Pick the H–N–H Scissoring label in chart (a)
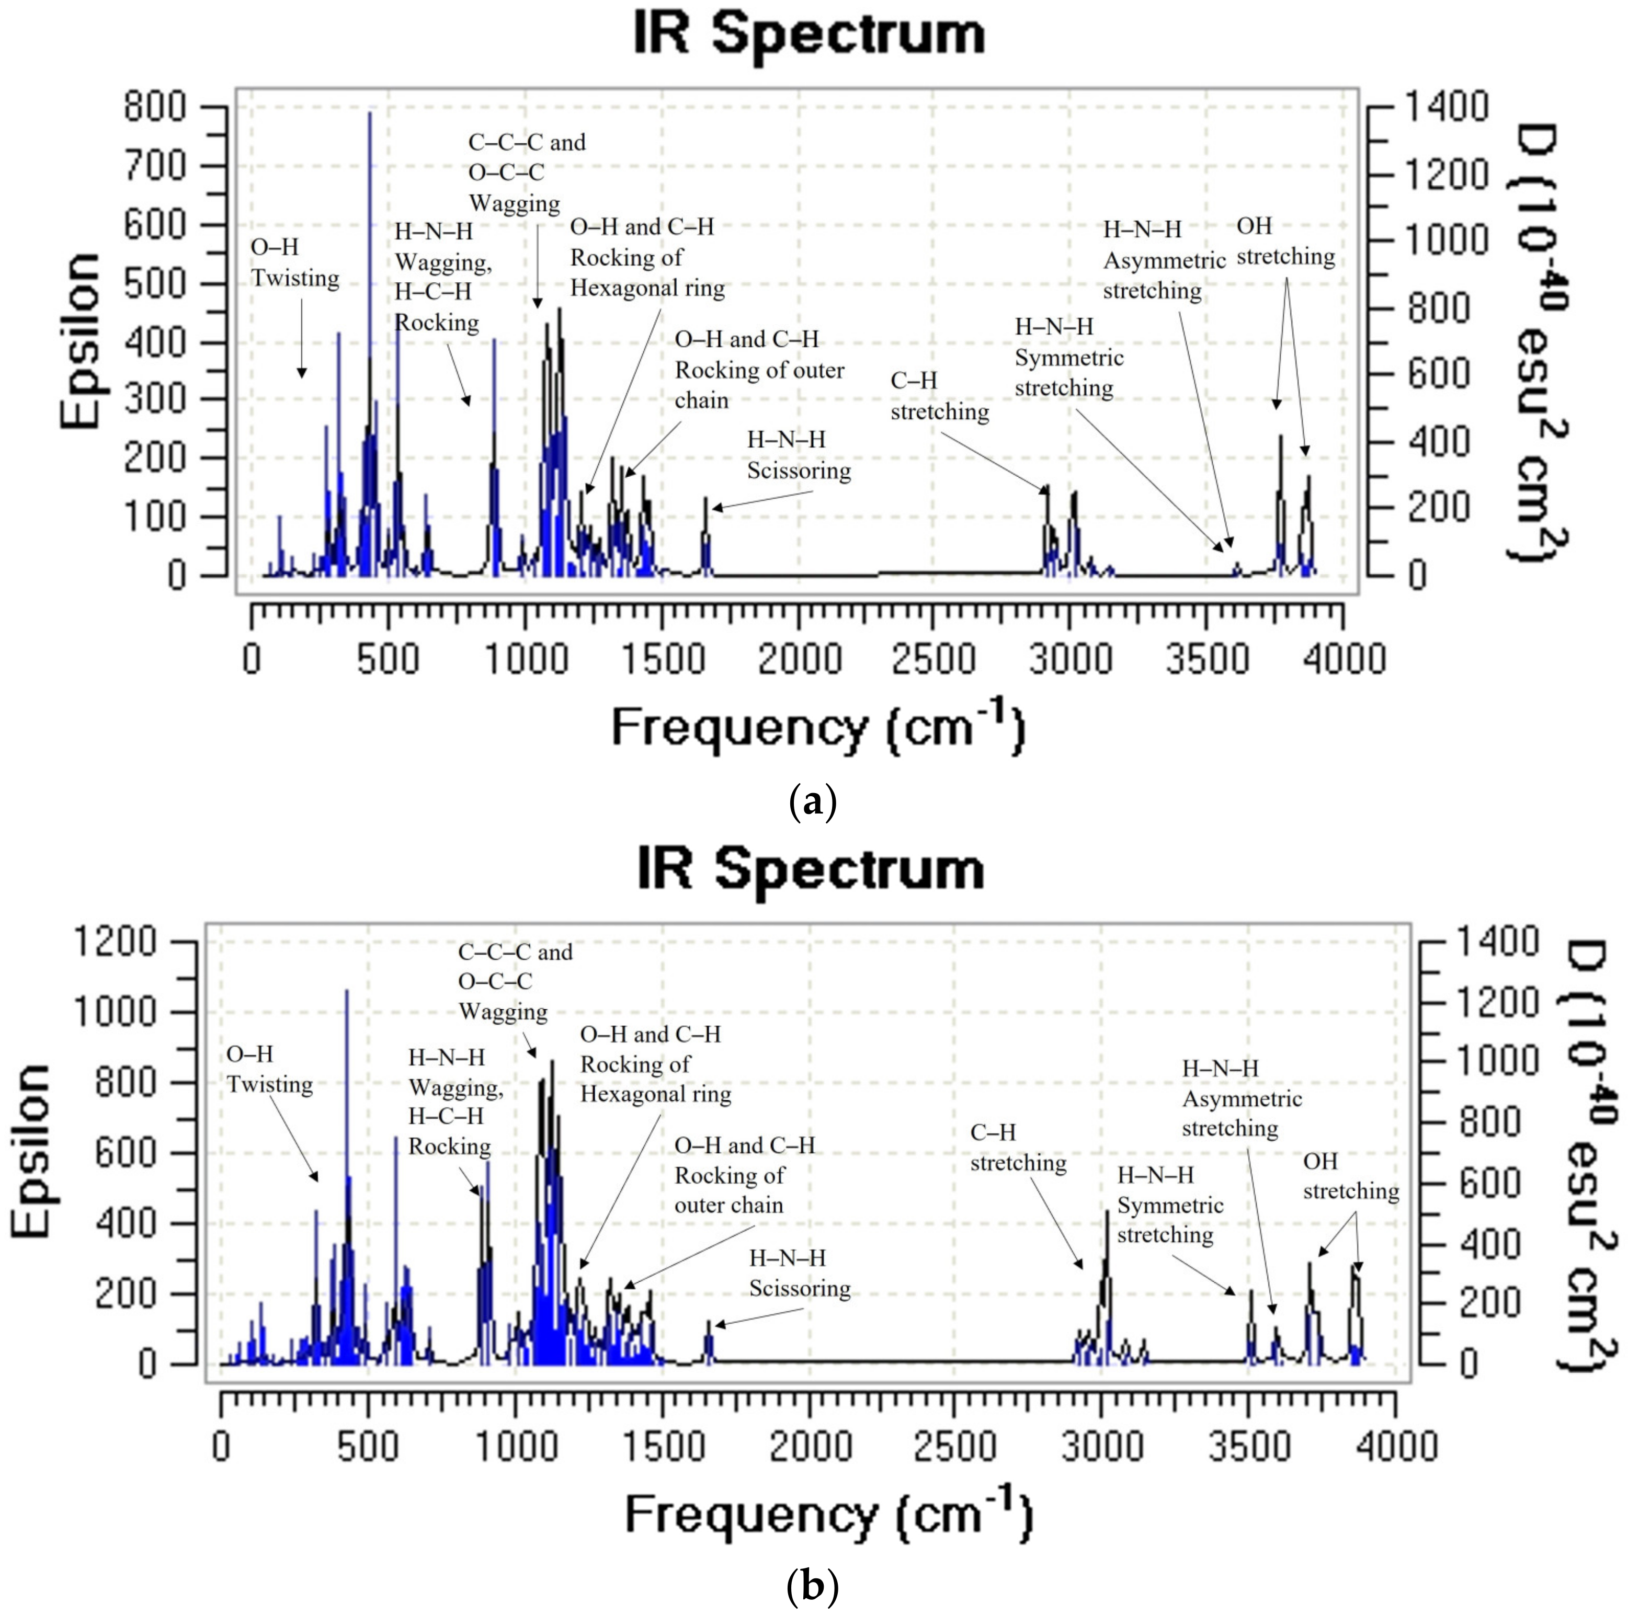tap(799, 455)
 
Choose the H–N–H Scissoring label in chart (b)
tap(799, 1273)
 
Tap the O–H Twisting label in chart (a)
tap(295, 263)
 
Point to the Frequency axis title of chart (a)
tap(817, 728)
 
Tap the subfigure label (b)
tap(812, 1587)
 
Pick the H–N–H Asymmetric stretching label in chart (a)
tap(1163, 259)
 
